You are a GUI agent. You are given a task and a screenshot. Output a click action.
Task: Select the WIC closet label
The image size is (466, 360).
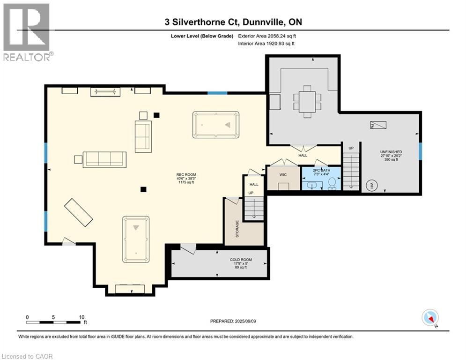(283, 175)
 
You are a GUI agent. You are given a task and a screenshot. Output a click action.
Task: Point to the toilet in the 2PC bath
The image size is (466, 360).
(333, 183)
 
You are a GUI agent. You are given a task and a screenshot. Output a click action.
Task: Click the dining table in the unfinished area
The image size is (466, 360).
(307, 101)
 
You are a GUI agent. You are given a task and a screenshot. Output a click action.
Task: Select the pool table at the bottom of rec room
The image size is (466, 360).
(136, 239)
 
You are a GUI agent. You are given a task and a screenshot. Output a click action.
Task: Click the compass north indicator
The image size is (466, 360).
(430, 318)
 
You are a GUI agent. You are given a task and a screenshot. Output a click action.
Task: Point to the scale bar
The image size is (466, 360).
(54, 322)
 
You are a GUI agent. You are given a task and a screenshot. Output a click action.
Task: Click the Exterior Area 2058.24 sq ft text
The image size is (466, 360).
(267, 36)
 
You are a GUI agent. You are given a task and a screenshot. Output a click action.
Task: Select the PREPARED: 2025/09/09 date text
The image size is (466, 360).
(233, 321)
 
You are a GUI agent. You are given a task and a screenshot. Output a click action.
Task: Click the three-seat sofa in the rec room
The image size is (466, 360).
(104, 159)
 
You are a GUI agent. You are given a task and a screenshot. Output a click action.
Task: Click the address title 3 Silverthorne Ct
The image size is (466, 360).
(233, 22)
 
